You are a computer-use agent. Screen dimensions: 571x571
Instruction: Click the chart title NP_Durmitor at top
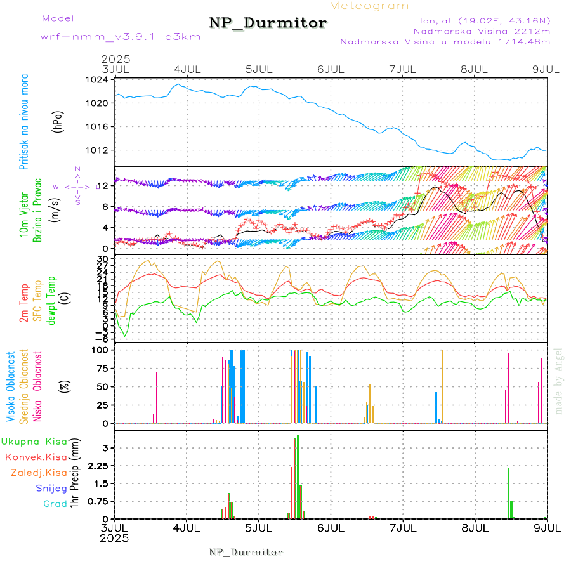pyautogui.click(x=268, y=23)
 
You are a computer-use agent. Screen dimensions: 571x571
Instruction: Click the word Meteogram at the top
pyautogui.click(x=370, y=6)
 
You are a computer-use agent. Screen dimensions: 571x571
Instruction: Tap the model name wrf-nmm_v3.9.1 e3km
pyautogui.click(x=121, y=37)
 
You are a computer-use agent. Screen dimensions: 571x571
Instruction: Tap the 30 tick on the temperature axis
pyautogui.click(x=102, y=259)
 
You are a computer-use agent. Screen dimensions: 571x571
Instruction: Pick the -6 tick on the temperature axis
pyautogui.click(x=100, y=338)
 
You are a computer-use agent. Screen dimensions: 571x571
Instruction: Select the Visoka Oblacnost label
pyautogui.click(x=11, y=386)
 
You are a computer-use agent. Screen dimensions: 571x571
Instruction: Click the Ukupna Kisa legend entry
pyautogui.click(x=34, y=441)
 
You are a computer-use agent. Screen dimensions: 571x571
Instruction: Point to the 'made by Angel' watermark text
pyautogui.click(x=559, y=381)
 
